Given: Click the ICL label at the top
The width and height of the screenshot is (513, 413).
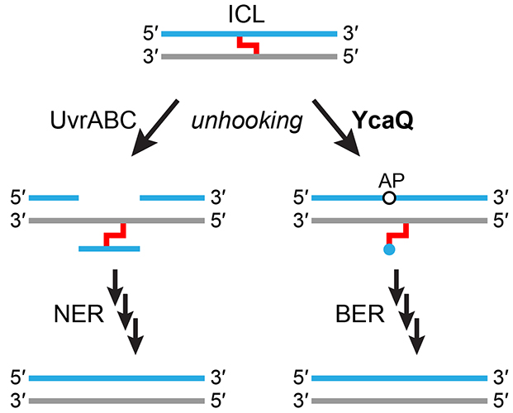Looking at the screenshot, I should [249, 15].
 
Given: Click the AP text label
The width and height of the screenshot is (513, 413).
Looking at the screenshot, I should [389, 179].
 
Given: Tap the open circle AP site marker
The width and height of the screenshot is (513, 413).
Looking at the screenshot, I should [389, 198].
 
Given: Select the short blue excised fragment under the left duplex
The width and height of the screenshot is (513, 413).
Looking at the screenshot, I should [109, 247].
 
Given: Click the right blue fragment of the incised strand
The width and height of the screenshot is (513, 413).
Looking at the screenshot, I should [173, 198].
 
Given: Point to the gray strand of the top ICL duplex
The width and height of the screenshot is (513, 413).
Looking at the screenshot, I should [249, 56].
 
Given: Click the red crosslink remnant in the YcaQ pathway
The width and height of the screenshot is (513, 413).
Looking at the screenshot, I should [397, 232].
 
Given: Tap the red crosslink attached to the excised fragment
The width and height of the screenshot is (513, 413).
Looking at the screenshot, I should [115, 235].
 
